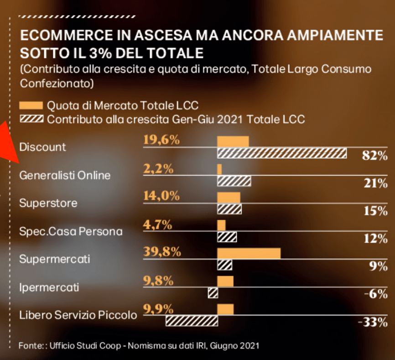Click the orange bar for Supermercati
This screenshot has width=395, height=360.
click(x=249, y=254)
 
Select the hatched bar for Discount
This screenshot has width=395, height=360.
click(x=282, y=153)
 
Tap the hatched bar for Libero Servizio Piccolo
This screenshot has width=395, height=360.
click(x=191, y=321)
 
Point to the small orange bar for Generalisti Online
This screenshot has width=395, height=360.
click(x=219, y=169)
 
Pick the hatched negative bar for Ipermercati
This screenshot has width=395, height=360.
click(x=213, y=293)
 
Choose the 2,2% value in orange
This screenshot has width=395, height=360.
click(x=158, y=169)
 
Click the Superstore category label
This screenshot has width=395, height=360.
click(x=48, y=203)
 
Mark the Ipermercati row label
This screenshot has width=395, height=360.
click(x=49, y=287)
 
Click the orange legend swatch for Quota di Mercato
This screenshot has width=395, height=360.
click(x=31, y=106)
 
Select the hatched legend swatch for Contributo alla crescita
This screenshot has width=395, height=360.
click(x=31, y=120)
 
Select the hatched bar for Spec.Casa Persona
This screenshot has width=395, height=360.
click(x=227, y=237)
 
